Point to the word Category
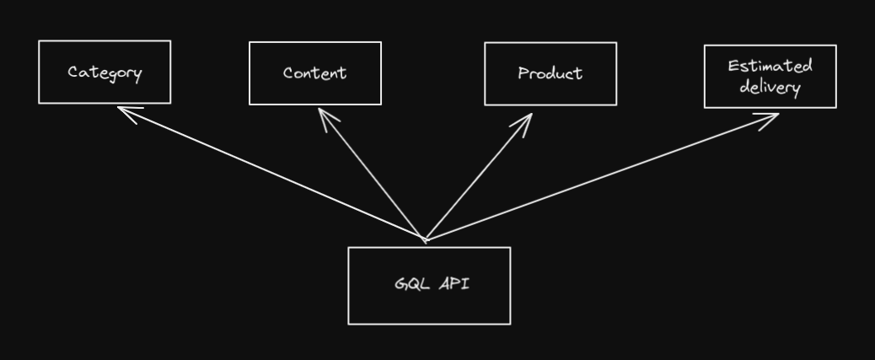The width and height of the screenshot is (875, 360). (105, 73)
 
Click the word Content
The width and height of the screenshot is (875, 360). (314, 73)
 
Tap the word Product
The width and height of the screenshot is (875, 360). (550, 74)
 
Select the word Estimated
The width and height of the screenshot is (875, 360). (770, 66)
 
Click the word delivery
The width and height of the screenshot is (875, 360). (770, 87)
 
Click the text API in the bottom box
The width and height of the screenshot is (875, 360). (454, 284)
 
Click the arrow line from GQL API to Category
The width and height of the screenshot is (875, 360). (270, 173)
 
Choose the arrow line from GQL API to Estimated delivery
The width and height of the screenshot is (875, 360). (599, 178)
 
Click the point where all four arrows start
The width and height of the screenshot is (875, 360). (424, 239)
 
